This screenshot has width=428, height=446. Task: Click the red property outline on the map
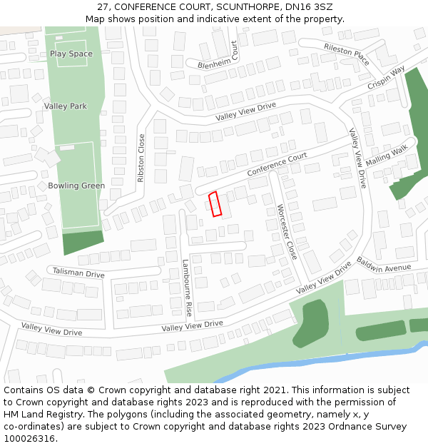point(215,203)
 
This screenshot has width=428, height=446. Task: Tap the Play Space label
point(71,54)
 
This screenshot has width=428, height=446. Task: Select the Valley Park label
point(66,106)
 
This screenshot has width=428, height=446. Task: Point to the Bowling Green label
point(76,186)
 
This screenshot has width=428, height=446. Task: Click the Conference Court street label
point(277,165)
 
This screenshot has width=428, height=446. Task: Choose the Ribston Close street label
point(141,158)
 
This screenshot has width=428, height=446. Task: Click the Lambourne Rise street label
point(188,288)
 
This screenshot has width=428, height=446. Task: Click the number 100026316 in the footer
point(30,439)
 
